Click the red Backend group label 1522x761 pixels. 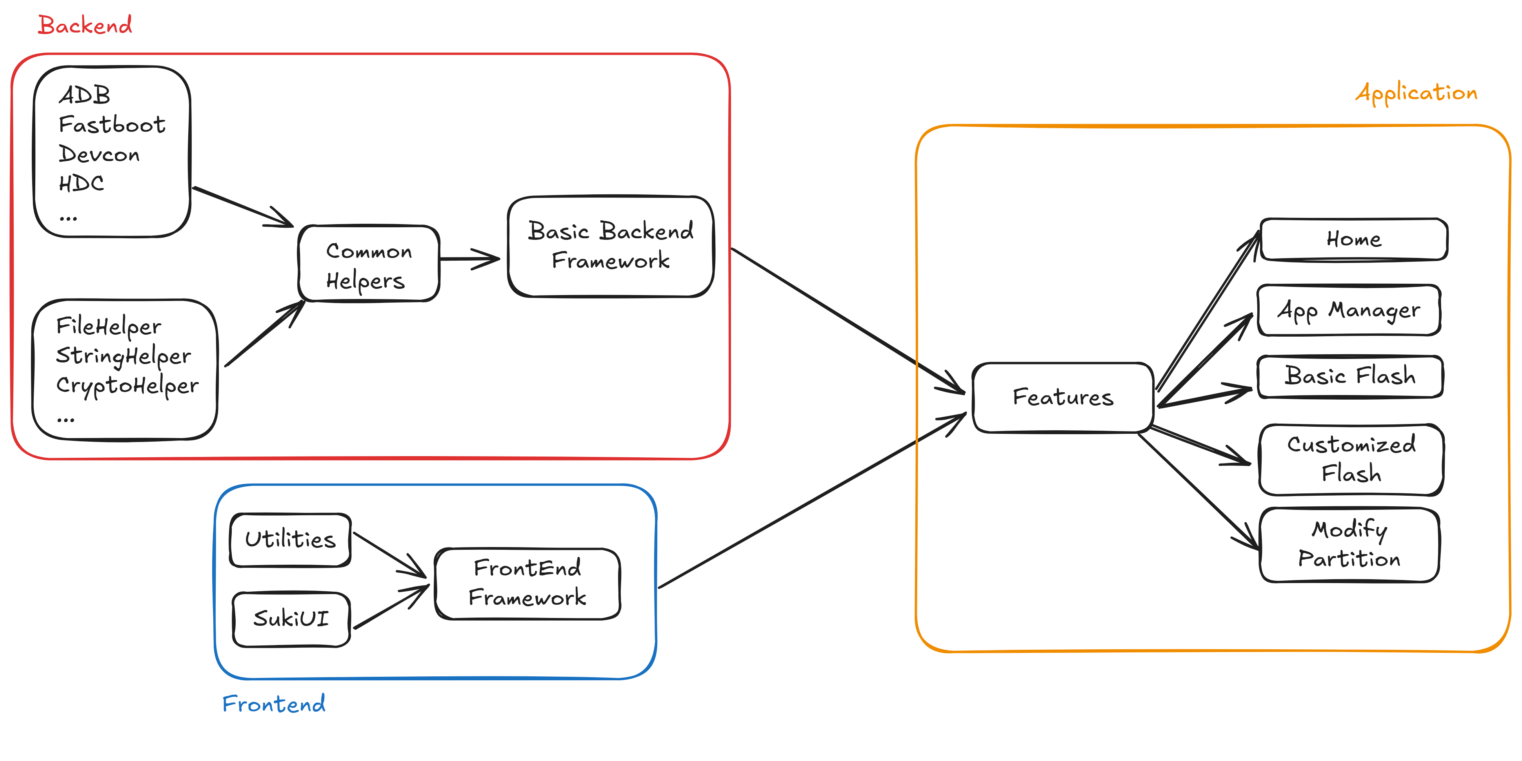[x=85, y=25]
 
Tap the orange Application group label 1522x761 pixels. [x=1416, y=93]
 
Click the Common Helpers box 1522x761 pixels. [x=369, y=263]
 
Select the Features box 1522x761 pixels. [x=1063, y=397]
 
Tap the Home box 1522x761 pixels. [x=1354, y=239]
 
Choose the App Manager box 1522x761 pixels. [x=1349, y=310]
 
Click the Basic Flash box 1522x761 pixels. [x=1350, y=377]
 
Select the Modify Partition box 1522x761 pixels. [x=1349, y=544]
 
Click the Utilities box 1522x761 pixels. [x=290, y=540]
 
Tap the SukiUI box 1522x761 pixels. [x=291, y=619]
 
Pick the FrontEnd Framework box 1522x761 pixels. [x=527, y=583]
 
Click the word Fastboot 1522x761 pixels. [x=112, y=125]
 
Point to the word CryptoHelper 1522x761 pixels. [x=127, y=386]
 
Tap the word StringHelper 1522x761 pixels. [x=124, y=356]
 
